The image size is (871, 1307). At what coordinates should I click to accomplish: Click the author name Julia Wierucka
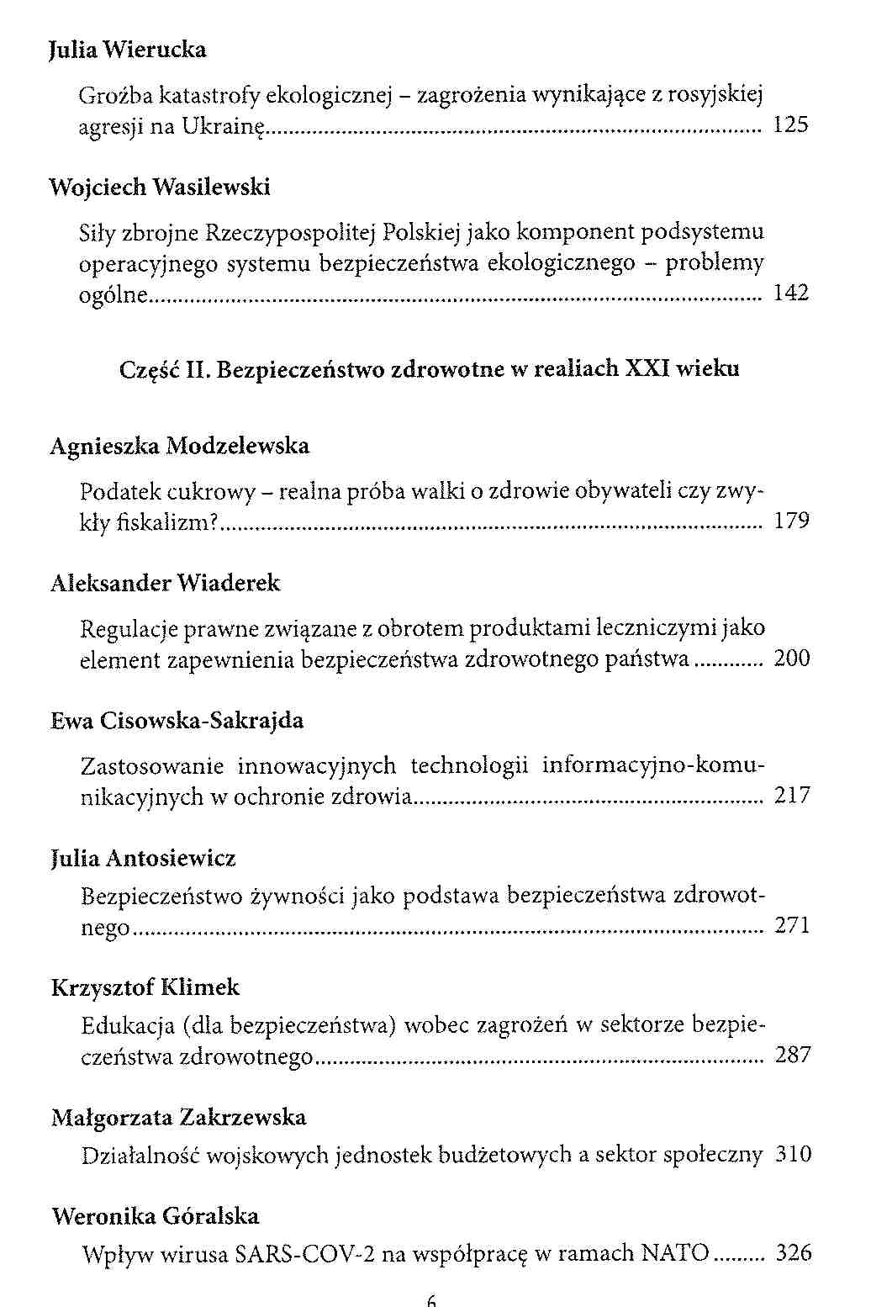point(128,50)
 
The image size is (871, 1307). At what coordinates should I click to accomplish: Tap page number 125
point(790,126)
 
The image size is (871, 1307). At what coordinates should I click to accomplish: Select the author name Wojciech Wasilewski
point(160,188)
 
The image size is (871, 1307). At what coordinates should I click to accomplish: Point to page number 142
point(790,294)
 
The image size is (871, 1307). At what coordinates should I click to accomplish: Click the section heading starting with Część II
point(430,369)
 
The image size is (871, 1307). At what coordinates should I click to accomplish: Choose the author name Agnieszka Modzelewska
point(180,446)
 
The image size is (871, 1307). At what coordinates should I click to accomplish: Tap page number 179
point(791,521)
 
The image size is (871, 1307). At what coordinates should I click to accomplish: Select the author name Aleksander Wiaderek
point(166,583)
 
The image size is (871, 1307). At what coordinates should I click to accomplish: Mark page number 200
point(792,659)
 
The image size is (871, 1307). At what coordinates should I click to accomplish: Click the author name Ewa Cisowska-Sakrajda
point(177,721)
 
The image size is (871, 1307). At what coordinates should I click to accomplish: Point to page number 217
point(792,796)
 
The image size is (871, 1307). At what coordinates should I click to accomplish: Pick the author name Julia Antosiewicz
point(144,859)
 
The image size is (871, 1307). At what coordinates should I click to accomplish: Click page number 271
point(792,926)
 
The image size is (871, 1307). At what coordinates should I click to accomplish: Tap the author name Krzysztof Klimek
point(145,987)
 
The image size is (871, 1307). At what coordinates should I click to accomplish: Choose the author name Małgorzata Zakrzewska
point(179,1118)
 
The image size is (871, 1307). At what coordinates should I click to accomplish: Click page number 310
point(793,1155)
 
